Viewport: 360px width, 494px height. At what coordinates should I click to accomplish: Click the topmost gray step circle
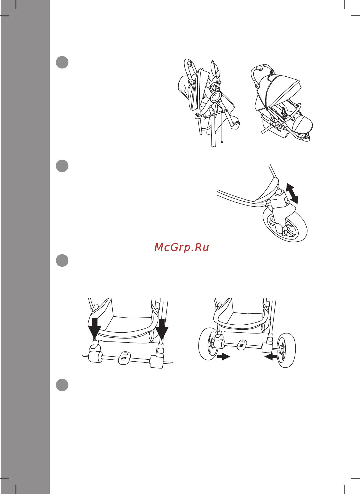(x=62, y=62)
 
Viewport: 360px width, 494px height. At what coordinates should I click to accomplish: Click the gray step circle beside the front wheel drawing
(x=62, y=166)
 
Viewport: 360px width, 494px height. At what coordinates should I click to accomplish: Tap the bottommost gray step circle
(x=62, y=385)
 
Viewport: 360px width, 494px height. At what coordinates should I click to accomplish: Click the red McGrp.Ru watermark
(x=182, y=247)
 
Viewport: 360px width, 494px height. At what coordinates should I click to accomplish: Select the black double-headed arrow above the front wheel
(x=292, y=194)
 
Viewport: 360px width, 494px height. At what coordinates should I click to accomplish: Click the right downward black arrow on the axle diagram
(x=162, y=329)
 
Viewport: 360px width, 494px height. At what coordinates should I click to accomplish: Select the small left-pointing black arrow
(x=271, y=357)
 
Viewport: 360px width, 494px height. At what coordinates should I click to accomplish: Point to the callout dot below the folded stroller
(x=222, y=142)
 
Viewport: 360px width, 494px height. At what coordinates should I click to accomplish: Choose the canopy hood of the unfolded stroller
(x=279, y=88)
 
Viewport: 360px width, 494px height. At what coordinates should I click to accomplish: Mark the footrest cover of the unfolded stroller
(x=301, y=124)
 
